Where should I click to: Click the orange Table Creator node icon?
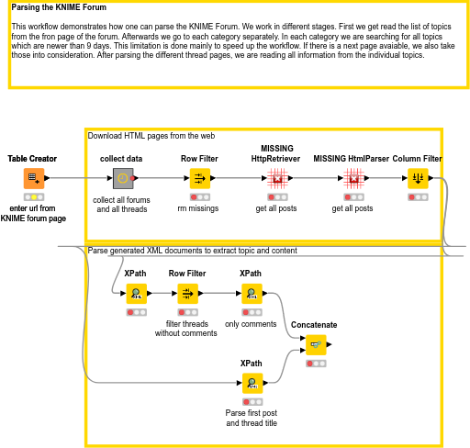pyautogui.click(x=34, y=178)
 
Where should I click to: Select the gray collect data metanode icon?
pyautogui.click(x=123, y=178)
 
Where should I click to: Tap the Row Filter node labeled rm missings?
pyautogui.click(x=200, y=178)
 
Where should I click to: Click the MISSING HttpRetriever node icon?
pyautogui.click(x=277, y=178)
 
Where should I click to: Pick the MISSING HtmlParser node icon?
pyautogui.click(x=353, y=178)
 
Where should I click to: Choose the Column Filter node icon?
pyautogui.click(x=418, y=178)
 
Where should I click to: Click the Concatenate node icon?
pyautogui.click(x=316, y=344)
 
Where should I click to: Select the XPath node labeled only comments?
pyautogui.click(x=252, y=294)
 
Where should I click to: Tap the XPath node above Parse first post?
pyautogui.click(x=252, y=383)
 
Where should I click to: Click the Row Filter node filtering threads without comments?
pyautogui.click(x=187, y=294)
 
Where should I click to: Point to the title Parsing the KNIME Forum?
pyautogui.click(x=59, y=7)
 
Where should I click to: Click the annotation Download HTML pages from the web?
pyautogui.click(x=151, y=136)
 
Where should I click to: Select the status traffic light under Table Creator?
pyautogui.click(x=34, y=197)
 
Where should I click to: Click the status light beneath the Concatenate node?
pyautogui.click(x=316, y=364)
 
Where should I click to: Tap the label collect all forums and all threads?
pyautogui.click(x=121, y=205)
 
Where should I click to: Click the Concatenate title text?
pyautogui.click(x=314, y=325)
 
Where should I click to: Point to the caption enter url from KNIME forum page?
pyautogui.click(x=33, y=213)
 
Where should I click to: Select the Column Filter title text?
pyautogui.click(x=417, y=159)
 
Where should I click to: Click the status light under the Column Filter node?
pyautogui.click(x=418, y=197)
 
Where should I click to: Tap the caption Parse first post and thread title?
pyautogui.click(x=252, y=418)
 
